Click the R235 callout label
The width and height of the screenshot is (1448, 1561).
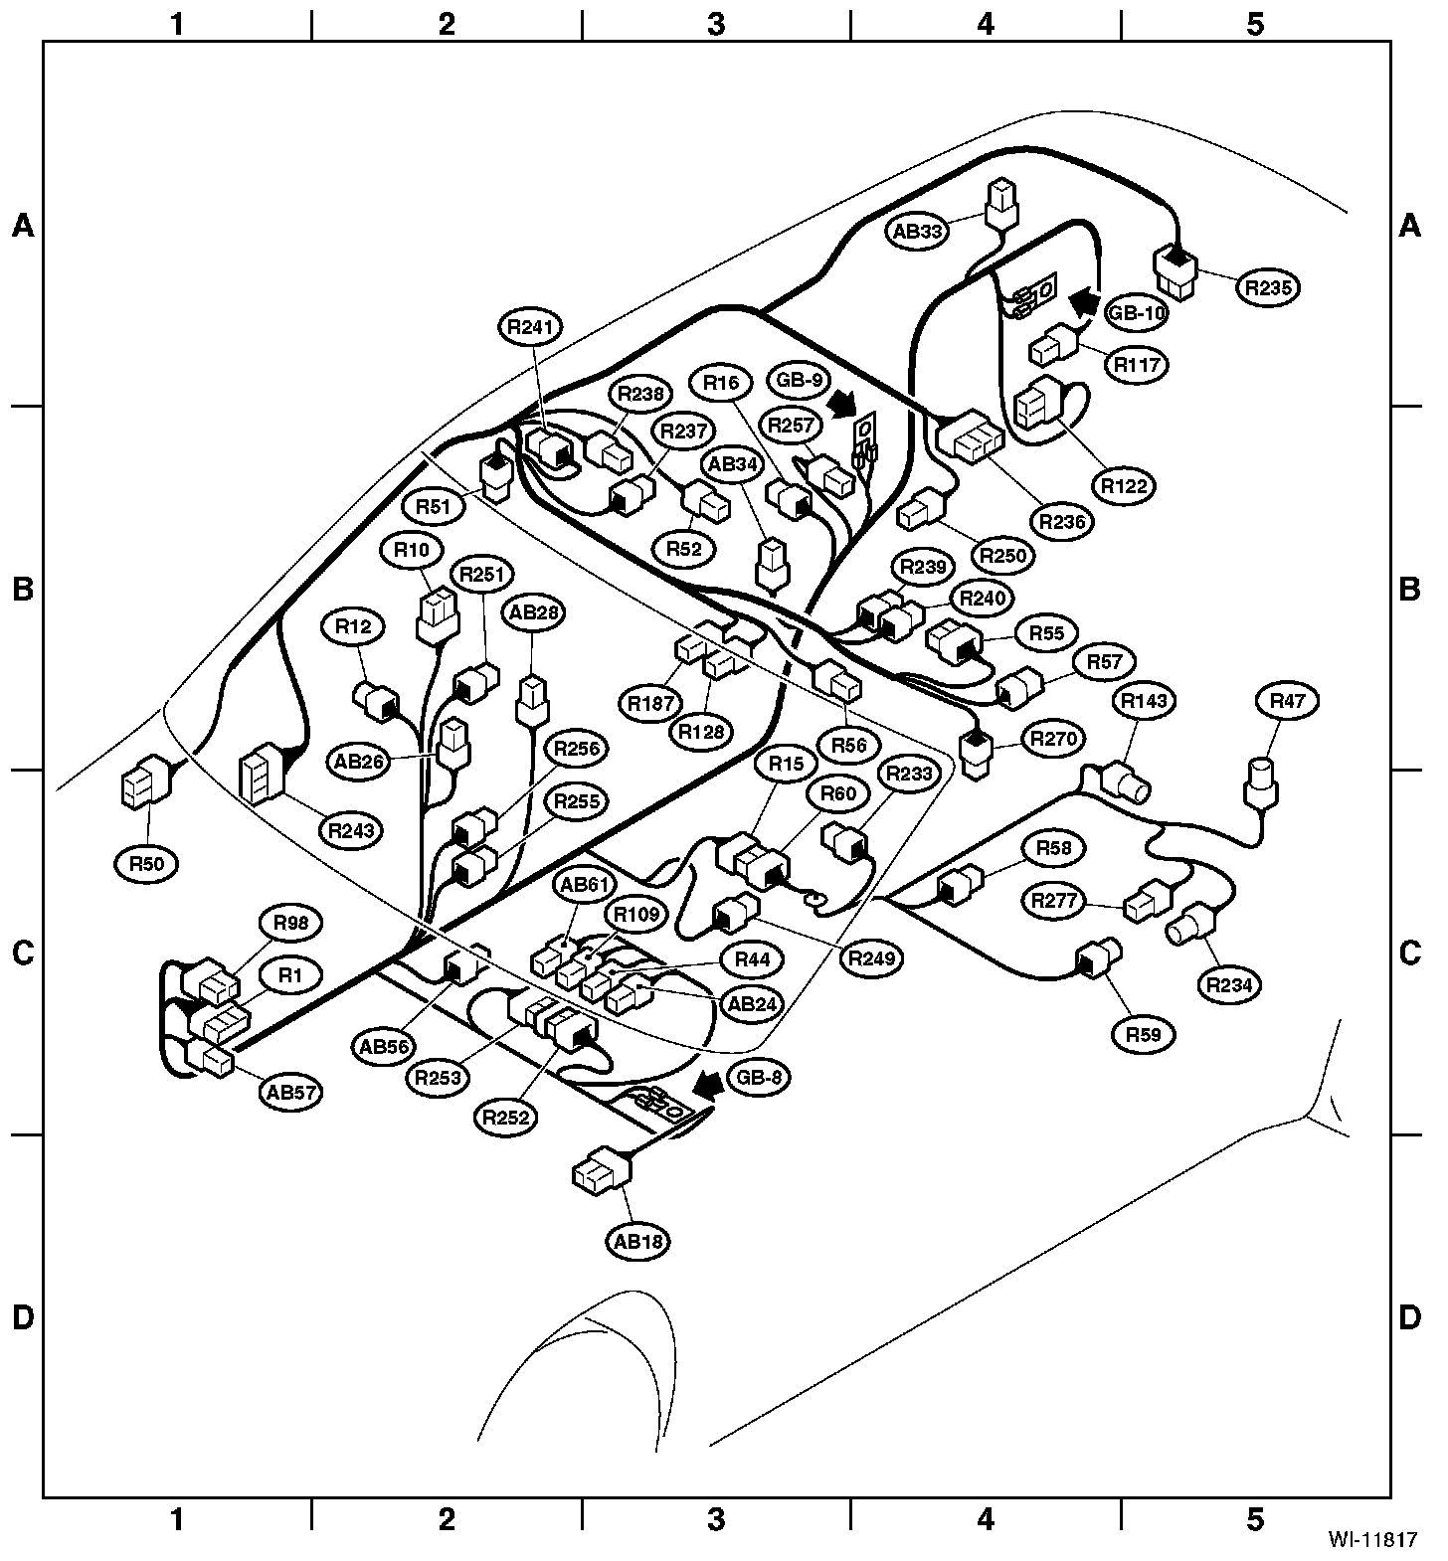(x=1268, y=288)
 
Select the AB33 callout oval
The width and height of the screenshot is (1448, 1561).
(x=916, y=232)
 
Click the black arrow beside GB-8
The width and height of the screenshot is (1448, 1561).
(x=709, y=1086)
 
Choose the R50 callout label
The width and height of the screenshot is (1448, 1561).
(x=147, y=864)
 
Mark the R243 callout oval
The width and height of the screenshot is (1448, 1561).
(x=352, y=829)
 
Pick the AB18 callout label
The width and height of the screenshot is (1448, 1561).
(x=637, y=1241)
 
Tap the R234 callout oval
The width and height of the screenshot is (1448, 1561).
(x=1229, y=985)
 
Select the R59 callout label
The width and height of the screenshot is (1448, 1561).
(x=1143, y=1035)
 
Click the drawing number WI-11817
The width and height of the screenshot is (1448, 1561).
(x=1372, y=1540)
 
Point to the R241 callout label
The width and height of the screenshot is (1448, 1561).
(x=533, y=327)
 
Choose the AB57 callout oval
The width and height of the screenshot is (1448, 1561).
(x=291, y=1092)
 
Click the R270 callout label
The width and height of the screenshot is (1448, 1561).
(x=1055, y=739)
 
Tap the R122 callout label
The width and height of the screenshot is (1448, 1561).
(x=1125, y=486)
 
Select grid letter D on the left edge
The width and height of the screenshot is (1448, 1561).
(x=22, y=1318)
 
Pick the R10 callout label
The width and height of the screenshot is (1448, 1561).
(x=411, y=549)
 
